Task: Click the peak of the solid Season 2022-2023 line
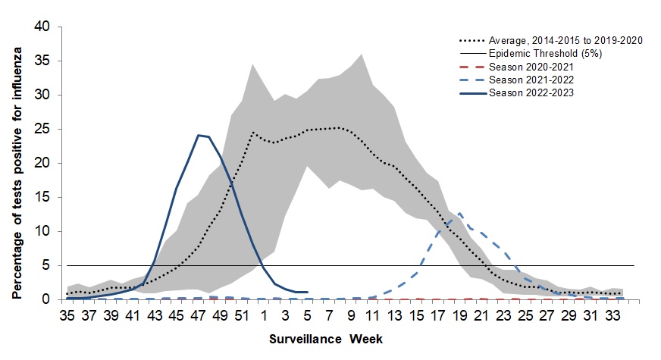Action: click(x=198, y=135)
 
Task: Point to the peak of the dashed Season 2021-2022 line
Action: click(x=459, y=214)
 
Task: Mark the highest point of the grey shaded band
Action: click(x=361, y=54)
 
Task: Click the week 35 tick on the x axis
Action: click(x=67, y=315)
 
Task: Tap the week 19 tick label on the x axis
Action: click(x=459, y=315)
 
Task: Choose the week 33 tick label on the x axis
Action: click(x=612, y=315)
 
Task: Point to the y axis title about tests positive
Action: click(x=16, y=163)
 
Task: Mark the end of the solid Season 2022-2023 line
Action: click(x=307, y=292)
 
